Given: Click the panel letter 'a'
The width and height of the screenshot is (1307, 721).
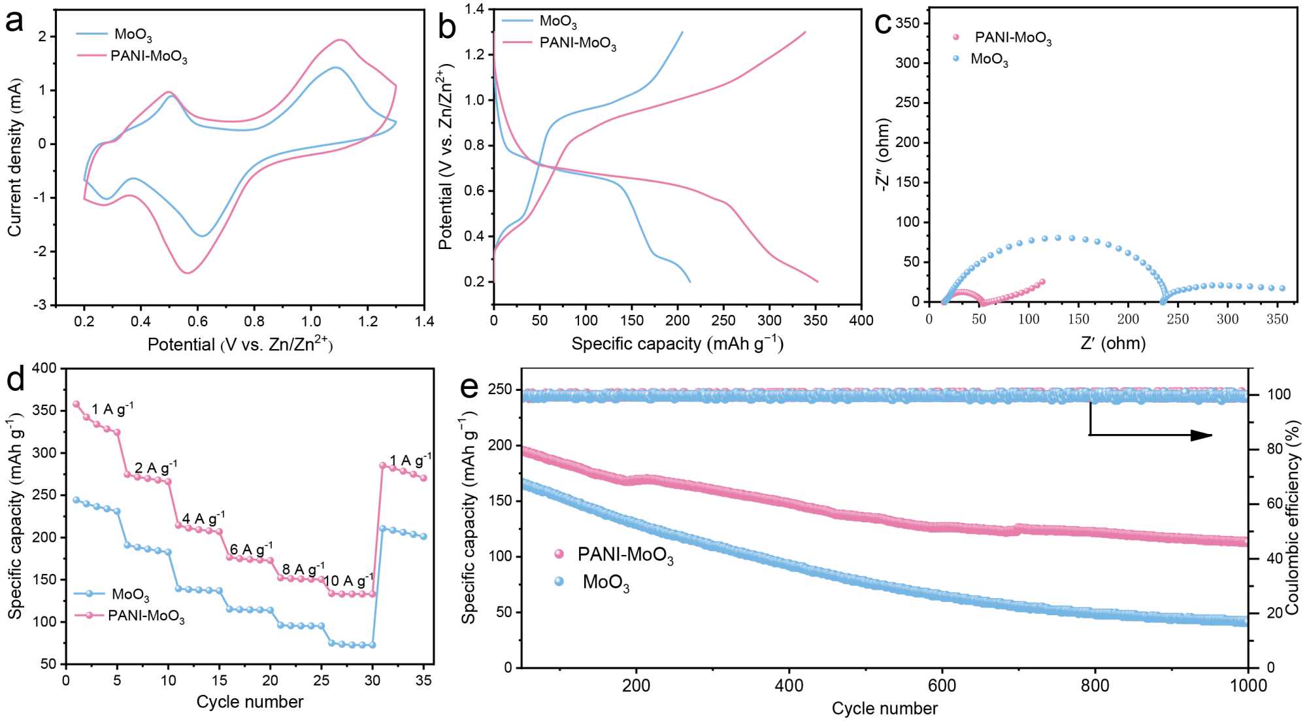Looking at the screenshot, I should click(x=14, y=23).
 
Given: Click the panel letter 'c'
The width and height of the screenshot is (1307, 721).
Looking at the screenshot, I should click(x=883, y=24).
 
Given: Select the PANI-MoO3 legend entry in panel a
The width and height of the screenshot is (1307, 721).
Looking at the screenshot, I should click(x=148, y=56).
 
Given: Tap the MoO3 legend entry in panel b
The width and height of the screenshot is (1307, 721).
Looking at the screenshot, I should click(x=557, y=22).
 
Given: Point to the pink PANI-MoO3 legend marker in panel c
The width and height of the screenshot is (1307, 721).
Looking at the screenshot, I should click(x=956, y=37).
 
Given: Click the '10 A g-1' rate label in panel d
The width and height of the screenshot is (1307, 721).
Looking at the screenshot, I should click(x=348, y=580).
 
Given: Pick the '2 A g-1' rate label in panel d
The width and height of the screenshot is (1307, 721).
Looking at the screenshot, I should click(x=156, y=468).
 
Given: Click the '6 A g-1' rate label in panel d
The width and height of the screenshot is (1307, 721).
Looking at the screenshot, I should click(x=251, y=549).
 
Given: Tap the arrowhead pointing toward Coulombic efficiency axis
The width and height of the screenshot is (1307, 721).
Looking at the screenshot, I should click(x=1202, y=435).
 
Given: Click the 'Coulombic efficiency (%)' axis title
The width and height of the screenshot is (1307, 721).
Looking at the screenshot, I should click(x=1293, y=516).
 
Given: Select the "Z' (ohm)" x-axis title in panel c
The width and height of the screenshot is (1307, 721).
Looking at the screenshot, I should click(x=1113, y=343).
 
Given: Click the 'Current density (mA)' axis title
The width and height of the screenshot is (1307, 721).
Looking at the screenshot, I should click(x=14, y=157).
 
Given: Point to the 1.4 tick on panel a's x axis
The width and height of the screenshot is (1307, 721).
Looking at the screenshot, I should click(x=424, y=321).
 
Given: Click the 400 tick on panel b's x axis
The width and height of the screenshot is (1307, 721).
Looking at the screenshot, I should click(x=861, y=320).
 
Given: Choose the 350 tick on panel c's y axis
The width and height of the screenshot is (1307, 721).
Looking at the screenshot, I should click(x=907, y=23).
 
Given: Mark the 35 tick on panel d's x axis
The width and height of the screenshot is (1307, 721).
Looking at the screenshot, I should click(x=423, y=680).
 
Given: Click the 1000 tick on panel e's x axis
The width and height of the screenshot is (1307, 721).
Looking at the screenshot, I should click(x=1248, y=685).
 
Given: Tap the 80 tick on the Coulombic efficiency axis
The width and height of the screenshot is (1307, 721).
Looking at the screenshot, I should click(x=1275, y=449).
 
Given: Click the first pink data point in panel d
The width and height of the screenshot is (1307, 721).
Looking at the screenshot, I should click(x=76, y=404).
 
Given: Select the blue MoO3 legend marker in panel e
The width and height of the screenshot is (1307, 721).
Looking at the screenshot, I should click(x=559, y=581).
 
